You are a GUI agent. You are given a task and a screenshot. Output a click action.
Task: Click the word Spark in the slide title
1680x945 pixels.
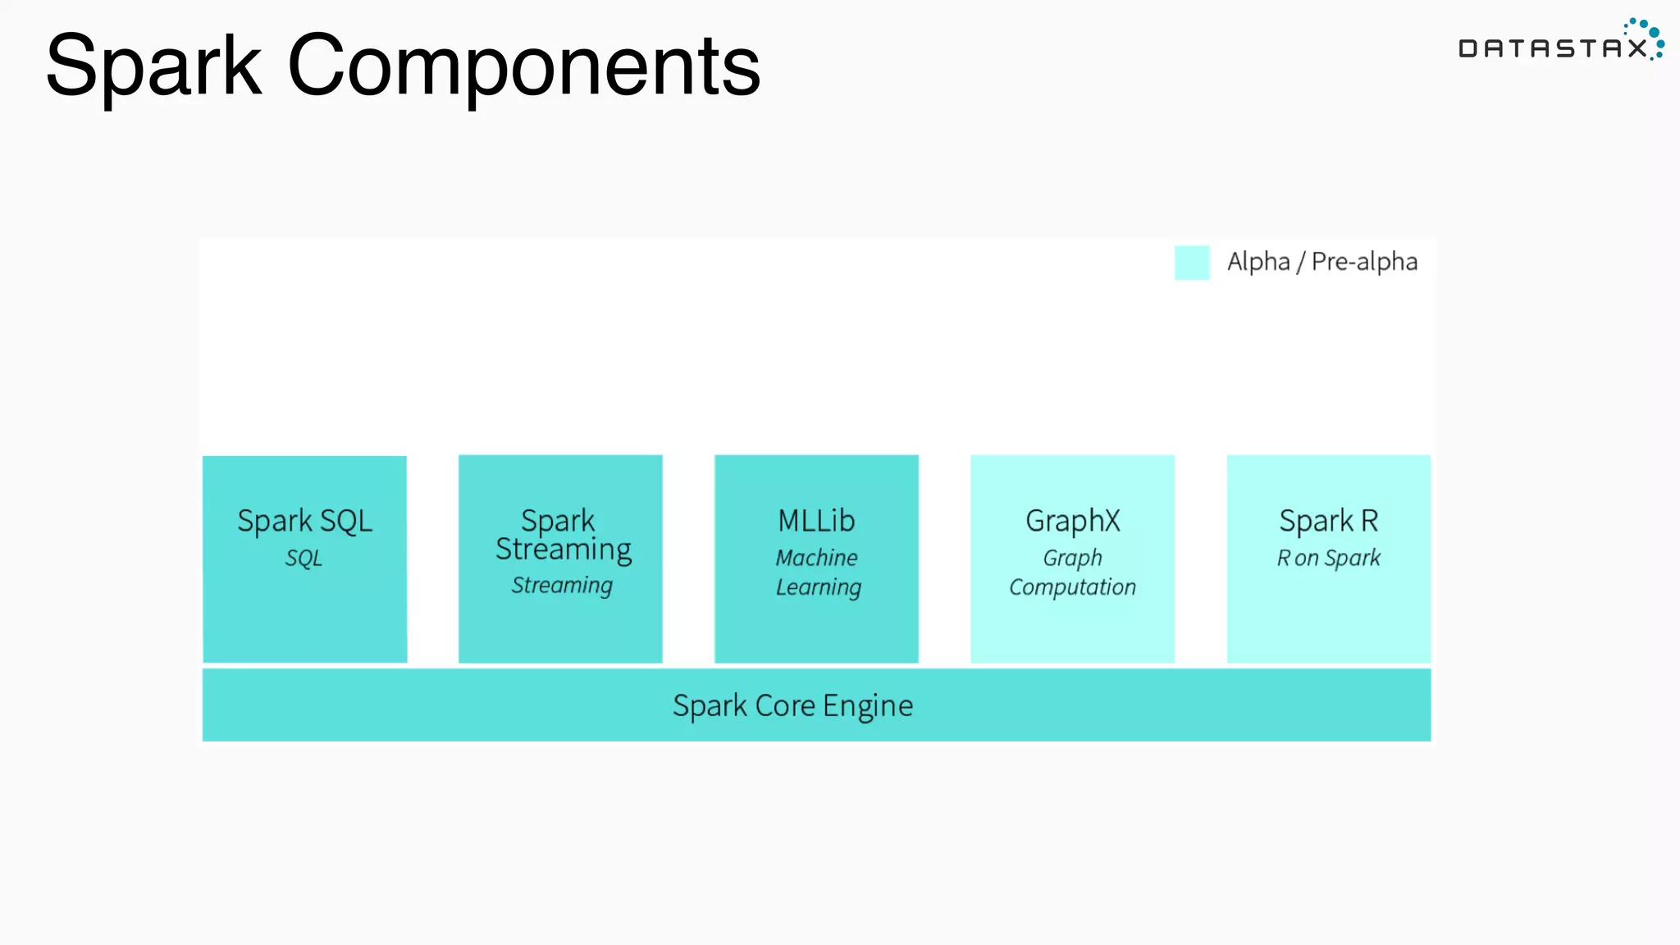153,66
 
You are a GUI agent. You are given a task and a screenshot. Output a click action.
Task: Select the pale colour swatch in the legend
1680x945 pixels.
1191,262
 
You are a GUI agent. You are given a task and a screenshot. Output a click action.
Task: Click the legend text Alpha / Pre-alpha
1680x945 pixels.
1322,262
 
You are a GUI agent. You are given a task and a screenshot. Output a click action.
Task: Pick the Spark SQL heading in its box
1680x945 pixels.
304,521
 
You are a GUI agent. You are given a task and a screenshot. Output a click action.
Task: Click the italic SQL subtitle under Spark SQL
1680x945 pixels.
304,558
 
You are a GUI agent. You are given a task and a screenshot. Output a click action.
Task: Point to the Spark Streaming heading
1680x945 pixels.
563,535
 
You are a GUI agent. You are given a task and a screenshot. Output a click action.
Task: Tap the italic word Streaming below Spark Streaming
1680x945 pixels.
562,585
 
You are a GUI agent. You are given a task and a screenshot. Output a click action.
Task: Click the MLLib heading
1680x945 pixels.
816,521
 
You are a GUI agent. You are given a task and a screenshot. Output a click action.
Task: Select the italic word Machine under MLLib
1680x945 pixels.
816,558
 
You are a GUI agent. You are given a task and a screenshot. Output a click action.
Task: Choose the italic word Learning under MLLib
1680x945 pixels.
819,587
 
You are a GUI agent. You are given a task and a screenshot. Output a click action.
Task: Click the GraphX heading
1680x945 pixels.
1072,521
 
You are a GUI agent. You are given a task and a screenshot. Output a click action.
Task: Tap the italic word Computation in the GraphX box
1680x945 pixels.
1072,587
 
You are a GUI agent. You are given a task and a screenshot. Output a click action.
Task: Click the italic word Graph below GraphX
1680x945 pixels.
1072,558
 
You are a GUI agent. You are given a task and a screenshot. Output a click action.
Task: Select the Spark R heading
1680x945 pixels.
1328,521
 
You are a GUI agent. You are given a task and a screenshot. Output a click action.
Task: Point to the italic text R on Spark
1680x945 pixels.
1328,558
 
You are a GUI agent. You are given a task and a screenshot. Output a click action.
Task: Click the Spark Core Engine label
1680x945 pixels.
792,705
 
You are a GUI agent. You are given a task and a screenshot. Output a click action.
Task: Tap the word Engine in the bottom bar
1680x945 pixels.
868,705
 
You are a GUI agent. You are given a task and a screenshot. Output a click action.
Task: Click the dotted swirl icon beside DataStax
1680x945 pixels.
1647,36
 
